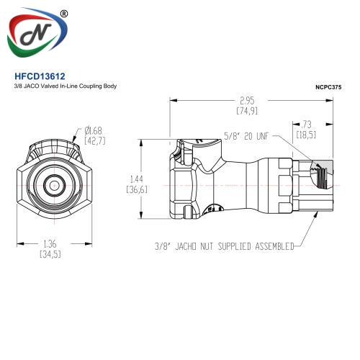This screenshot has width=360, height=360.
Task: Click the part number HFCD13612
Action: point(40,76)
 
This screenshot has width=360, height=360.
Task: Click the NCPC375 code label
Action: point(328,87)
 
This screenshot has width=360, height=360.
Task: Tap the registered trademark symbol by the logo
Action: point(64,14)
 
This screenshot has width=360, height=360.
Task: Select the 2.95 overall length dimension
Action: point(247,101)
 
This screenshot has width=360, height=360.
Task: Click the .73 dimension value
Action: point(306,125)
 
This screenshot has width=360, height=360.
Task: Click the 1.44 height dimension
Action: point(137,179)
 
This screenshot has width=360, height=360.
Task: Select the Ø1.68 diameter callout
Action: point(94,131)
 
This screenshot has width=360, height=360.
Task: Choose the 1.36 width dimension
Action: point(50,244)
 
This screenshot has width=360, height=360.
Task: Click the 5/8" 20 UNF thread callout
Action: point(247,136)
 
